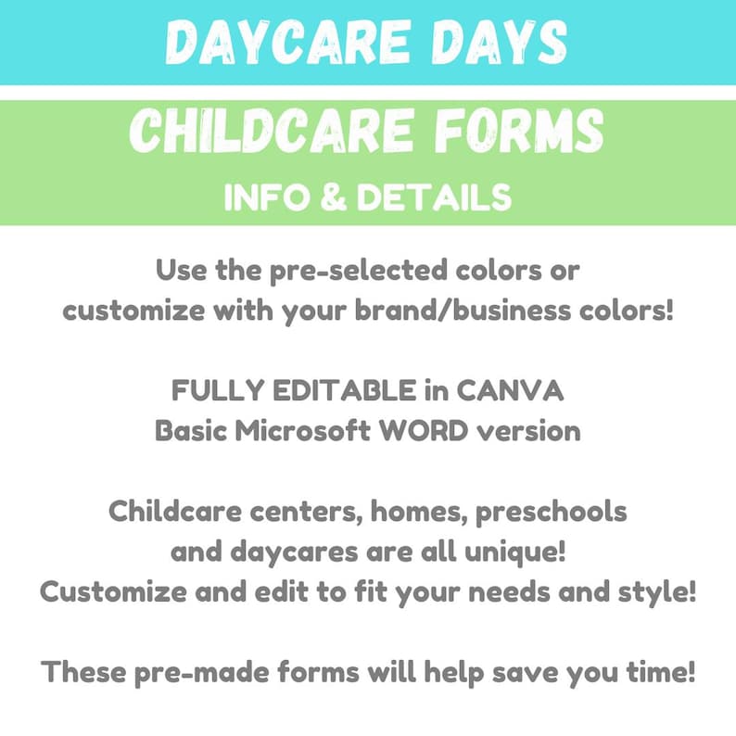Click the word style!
659,591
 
